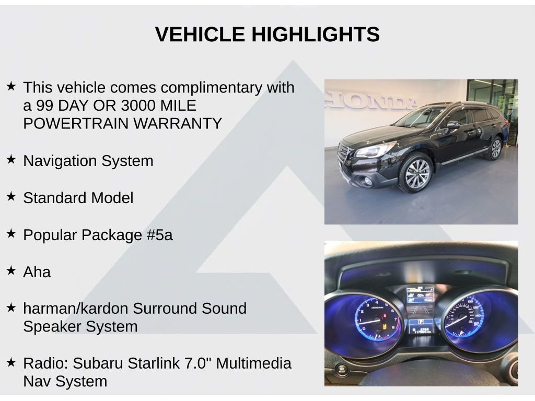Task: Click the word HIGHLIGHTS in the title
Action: coord(316,34)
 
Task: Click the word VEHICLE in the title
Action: coord(200,34)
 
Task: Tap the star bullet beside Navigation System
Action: coord(11,159)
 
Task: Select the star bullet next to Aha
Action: coord(11,270)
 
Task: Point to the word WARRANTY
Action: coord(178,123)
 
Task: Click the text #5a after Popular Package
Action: coord(160,235)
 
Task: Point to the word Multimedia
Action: coord(254,363)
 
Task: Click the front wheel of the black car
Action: coord(416,173)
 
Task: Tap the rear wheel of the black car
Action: coord(495,148)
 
